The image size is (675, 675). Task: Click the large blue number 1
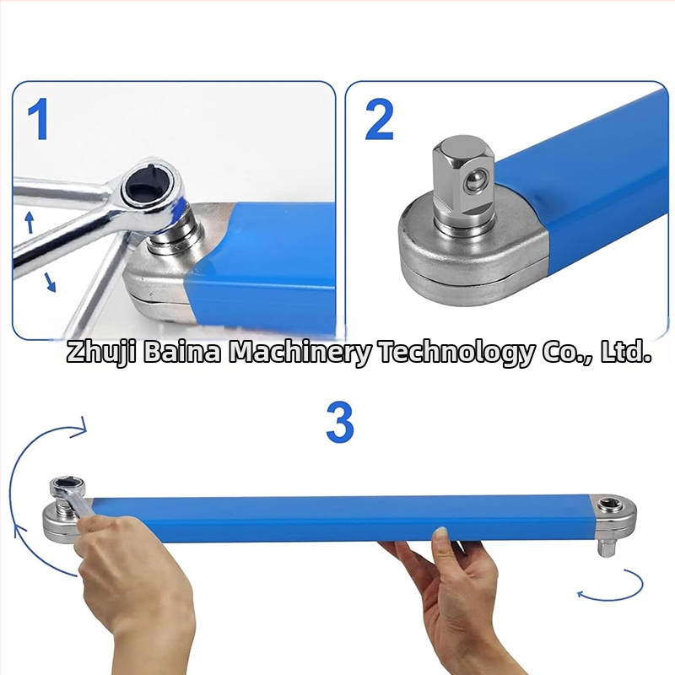coord(38,119)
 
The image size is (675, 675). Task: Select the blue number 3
coord(340,423)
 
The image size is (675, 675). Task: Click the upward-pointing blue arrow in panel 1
coord(30,222)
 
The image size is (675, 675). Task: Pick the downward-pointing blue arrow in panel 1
coord(51,283)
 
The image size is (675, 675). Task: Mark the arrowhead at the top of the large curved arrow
coord(80,428)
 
